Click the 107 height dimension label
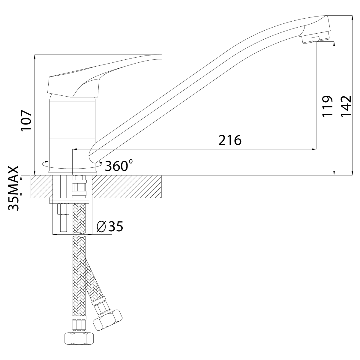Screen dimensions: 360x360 coord(26,121)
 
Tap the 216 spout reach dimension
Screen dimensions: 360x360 coord(230,140)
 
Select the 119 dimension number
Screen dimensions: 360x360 coord(328,106)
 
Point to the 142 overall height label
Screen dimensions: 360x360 coord(346,106)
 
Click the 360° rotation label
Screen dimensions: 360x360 coord(119,166)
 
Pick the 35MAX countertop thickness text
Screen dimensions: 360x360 coord(13,188)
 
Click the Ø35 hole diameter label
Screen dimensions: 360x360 coord(110,226)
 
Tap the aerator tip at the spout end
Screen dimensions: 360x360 coord(315,39)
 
